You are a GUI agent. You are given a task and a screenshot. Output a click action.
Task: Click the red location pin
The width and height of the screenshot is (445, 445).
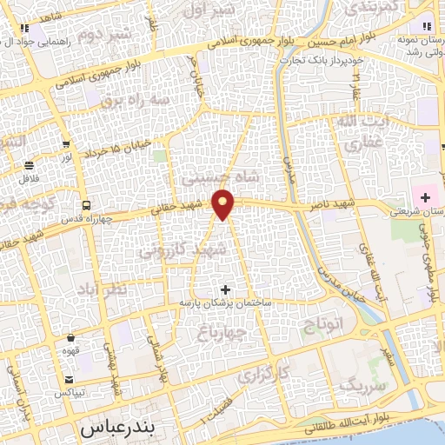[x=224, y=203]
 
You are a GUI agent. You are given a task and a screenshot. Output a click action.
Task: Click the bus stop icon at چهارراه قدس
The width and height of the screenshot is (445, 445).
[x=86, y=205]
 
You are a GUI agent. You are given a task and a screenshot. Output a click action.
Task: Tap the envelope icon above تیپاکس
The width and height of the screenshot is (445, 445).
[x=69, y=379]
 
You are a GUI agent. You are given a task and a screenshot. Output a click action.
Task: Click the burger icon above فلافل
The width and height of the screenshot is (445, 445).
[x=30, y=165]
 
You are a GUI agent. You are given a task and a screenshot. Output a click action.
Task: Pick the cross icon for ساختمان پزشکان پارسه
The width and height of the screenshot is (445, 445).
[x=226, y=289]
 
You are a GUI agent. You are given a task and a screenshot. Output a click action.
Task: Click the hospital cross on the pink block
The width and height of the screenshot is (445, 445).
[x=426, y=198]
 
